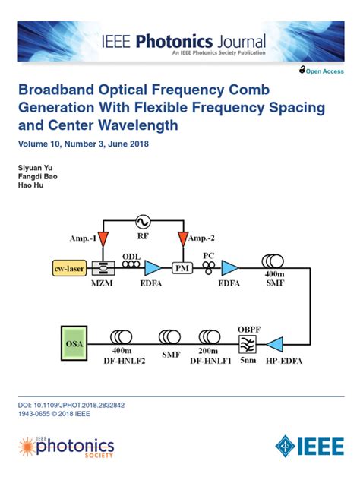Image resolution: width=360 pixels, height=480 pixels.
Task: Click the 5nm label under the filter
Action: click(247, 360)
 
